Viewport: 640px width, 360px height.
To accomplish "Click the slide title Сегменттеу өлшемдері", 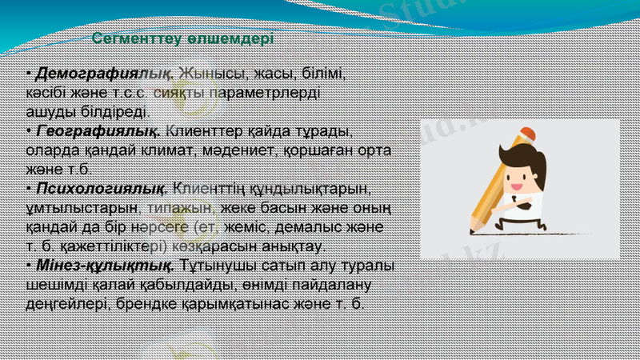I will (182, 38).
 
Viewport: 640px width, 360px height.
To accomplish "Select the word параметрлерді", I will (263, 93).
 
